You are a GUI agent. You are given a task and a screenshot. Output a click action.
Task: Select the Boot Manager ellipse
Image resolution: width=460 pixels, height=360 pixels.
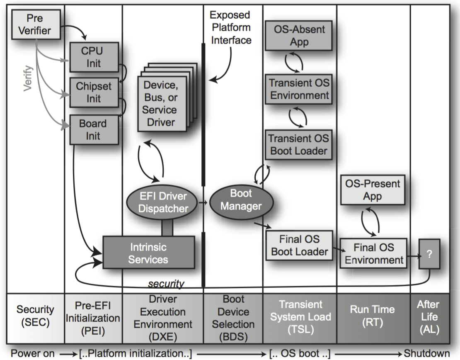(x=241, y=199)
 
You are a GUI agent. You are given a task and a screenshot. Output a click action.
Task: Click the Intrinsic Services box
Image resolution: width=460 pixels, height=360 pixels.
(x=148, y=253)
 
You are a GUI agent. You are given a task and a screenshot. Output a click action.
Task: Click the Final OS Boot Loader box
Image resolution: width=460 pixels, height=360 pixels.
(x=300, y=245)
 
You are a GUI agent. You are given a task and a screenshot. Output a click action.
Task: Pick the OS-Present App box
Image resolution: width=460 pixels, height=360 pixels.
(x=372, y=190)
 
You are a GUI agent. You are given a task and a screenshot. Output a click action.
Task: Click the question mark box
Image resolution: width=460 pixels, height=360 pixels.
(x=429, y=254)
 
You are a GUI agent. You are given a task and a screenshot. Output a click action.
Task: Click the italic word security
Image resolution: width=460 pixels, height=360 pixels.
(x=166, y=284)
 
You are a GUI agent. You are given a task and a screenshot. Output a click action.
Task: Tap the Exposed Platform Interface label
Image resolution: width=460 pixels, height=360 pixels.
(x=230, y=27)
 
